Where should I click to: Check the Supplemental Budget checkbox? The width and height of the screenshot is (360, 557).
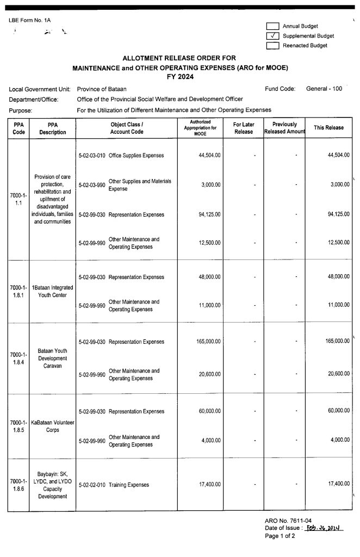click(x=272, y=36)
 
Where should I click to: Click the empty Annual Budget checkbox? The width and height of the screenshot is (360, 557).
click(x=272, y=26)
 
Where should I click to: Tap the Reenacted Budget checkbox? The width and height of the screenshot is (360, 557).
click(x=272, y=46)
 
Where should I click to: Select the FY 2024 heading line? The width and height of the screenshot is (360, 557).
click(x=180, y=77)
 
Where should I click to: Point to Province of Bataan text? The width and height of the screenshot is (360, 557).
click(x=102, y=89)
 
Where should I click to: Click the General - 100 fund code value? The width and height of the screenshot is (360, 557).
click(x=324, y=89)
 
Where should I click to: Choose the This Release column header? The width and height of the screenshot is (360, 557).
click(x=329, y=128)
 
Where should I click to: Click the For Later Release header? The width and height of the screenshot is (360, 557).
click(x=243, y=128)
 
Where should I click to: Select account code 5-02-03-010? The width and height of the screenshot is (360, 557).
click(x=92, y=156)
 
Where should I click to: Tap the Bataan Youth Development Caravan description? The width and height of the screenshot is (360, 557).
click(x=53, y=358)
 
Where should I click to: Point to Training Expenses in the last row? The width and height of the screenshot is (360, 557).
click(x=129, y=485)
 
